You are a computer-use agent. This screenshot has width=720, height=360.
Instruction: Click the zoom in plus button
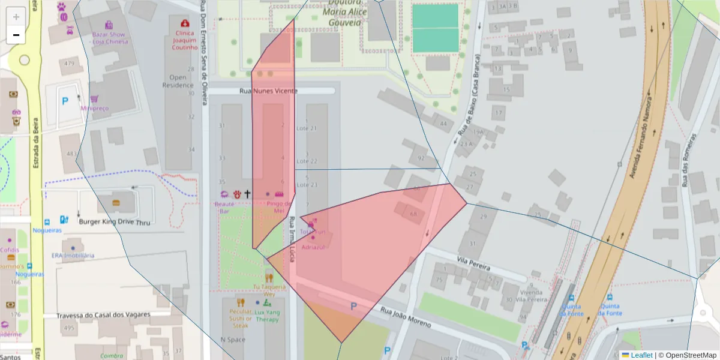[16, 17]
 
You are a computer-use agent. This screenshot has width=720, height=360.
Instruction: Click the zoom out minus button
[16, 35]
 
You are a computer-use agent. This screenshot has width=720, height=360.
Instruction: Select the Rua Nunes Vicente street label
[268, 91]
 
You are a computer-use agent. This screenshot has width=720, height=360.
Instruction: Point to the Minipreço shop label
[94, 109]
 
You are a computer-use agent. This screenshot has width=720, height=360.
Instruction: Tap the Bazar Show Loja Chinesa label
[110, 38]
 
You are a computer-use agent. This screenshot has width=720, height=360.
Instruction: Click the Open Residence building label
[178, 81]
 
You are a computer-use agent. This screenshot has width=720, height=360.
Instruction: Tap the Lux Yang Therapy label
[266, 316]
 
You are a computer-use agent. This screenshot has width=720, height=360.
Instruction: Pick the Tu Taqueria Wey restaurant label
[269, 290]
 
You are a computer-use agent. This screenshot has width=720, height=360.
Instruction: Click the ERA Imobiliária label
[73, 255]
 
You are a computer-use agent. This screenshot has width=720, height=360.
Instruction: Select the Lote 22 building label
[307, 161]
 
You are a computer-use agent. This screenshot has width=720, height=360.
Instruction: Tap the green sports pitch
[435, 28]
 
